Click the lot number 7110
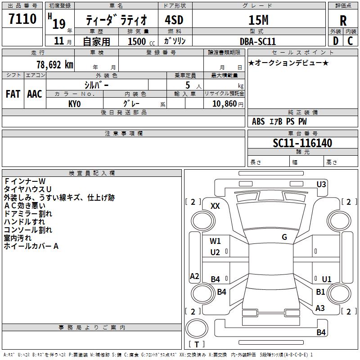(22, 19)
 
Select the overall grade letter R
(343, 21)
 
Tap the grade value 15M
(258, 20)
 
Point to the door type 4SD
(174, 20)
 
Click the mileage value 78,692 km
(55, 65)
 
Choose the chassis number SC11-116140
(302, 143)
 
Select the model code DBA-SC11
(257, 41)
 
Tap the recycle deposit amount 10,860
(225, 103)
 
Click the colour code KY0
(74, 104)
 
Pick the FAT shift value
(13, 94)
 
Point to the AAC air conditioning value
(35, 94)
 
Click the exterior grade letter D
(336, 41)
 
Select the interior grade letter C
(350, 41)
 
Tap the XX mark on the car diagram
(215, 206)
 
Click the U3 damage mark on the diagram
(321, 184)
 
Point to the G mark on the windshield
(284, 237)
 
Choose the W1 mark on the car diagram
(215, 241)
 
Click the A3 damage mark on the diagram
(320, 308)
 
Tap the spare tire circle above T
(197, 328)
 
